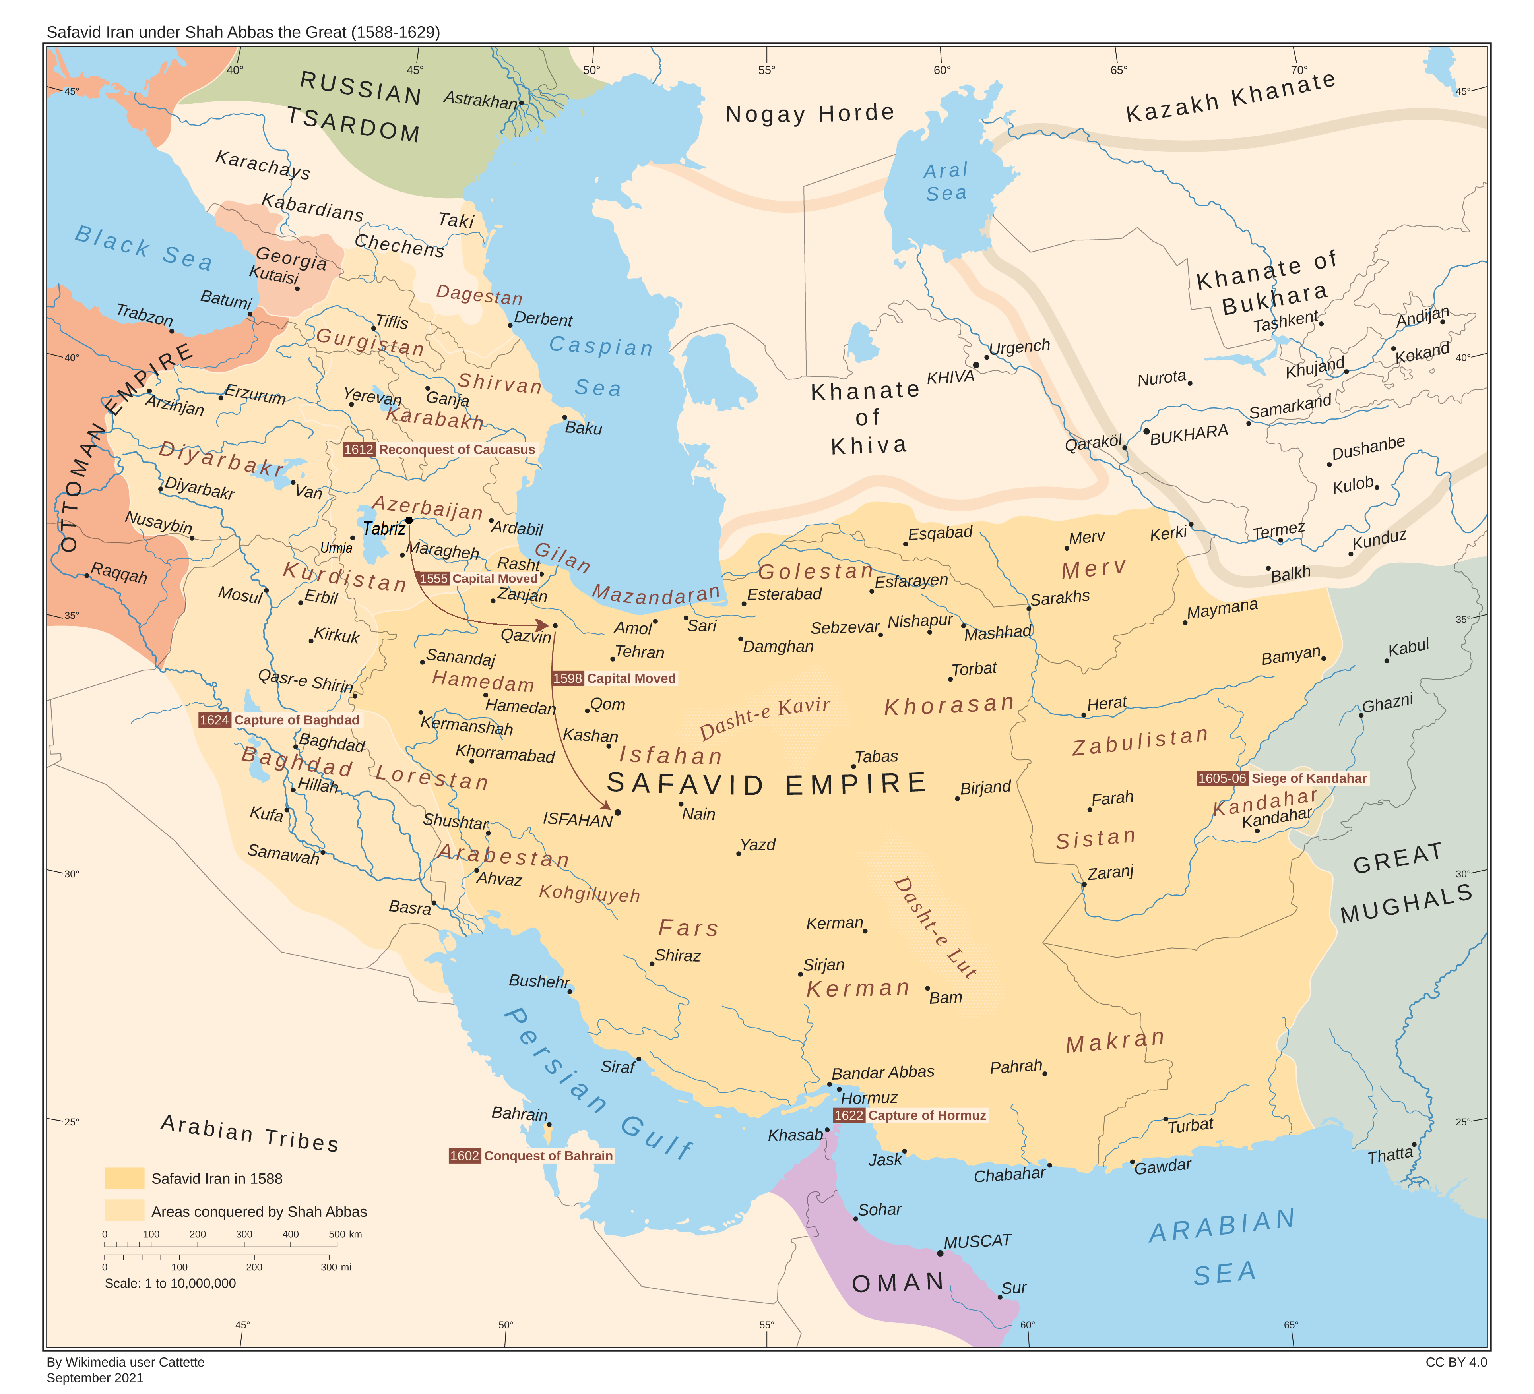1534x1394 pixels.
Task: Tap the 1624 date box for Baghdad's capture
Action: [x=215, y=720]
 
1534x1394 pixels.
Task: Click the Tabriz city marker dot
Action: [x=409, y=520]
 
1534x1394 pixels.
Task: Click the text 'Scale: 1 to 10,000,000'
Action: [x=171, y=1284]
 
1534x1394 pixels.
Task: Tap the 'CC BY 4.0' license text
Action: [x=1456, y=1362]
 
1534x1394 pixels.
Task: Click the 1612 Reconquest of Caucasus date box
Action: [x=359, y=449]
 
